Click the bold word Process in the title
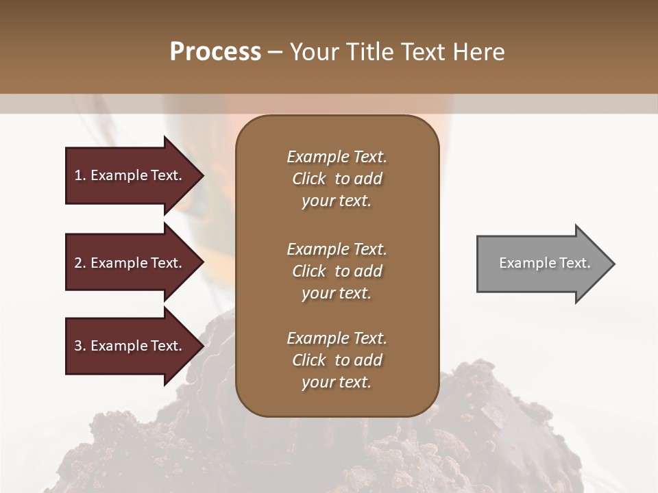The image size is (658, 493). click(x=215, y=52)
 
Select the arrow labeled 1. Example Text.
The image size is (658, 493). click(x=130, y=175)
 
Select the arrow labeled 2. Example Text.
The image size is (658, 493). click(x=130, y=263)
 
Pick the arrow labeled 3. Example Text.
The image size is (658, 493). click(x=130, y=346)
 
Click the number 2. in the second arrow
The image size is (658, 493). click(x=80, y=263)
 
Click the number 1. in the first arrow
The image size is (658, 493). click(x=80, y=175)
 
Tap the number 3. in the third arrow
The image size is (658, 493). click(x=80, y=346)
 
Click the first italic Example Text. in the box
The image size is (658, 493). click(x=337, y=157)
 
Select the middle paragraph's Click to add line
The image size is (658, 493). click(x=337, y=271)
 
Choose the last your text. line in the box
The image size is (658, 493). click(x=337, y=383)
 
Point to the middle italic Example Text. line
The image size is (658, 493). click(x=337, y=249)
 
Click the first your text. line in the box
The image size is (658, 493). click(x=337, y=201)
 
